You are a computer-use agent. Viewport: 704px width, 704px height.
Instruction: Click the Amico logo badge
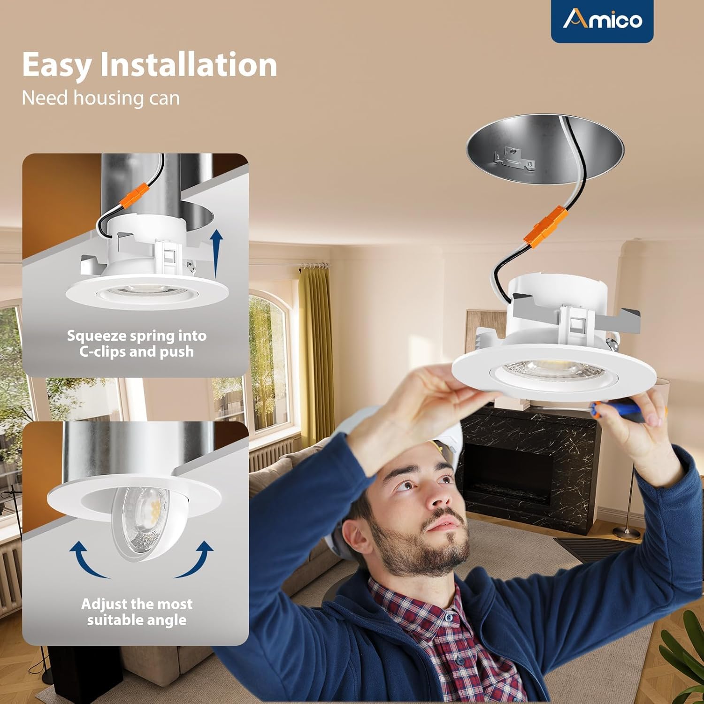click(x=602, y=21)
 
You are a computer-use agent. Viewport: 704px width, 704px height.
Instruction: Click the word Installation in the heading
click(x=188, y=64)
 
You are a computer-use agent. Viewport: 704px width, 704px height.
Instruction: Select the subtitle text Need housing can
click(x=101, y=98)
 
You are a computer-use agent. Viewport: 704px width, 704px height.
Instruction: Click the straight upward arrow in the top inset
click(x=216, y=254)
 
